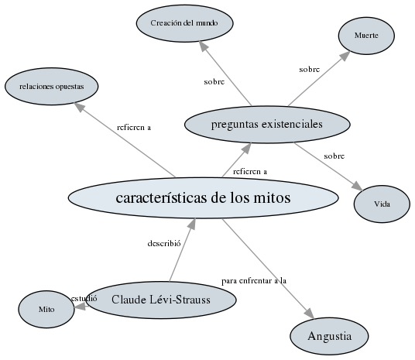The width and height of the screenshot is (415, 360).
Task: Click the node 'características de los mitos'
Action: point(203,197)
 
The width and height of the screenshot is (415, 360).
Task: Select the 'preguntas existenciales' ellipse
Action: point(255,123)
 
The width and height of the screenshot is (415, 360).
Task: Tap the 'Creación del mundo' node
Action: point(184,23)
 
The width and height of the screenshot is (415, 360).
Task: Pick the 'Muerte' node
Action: point(366,36)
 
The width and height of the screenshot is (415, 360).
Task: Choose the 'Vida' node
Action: point(382,204)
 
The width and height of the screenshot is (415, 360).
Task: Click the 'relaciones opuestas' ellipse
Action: point(52,86)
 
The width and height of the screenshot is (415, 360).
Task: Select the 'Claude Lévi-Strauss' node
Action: point(160,300)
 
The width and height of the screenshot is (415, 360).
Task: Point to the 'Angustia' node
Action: point(329,336)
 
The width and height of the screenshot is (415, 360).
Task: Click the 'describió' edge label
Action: point(163,243)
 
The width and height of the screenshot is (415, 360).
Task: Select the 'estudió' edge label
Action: point(84,298)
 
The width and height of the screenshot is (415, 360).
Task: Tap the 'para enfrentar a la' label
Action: point(254,280)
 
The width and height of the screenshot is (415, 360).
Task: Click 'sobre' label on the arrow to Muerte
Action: point(309,69)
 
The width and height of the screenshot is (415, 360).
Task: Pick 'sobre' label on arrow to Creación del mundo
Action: point(214,81)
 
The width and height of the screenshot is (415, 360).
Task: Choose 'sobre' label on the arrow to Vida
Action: point(334,156)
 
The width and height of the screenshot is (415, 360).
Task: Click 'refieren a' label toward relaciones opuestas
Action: point(134,127)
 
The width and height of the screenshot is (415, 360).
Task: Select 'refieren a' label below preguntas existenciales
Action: point(250,171)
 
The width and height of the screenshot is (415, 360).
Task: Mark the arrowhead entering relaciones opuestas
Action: point(81,108)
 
